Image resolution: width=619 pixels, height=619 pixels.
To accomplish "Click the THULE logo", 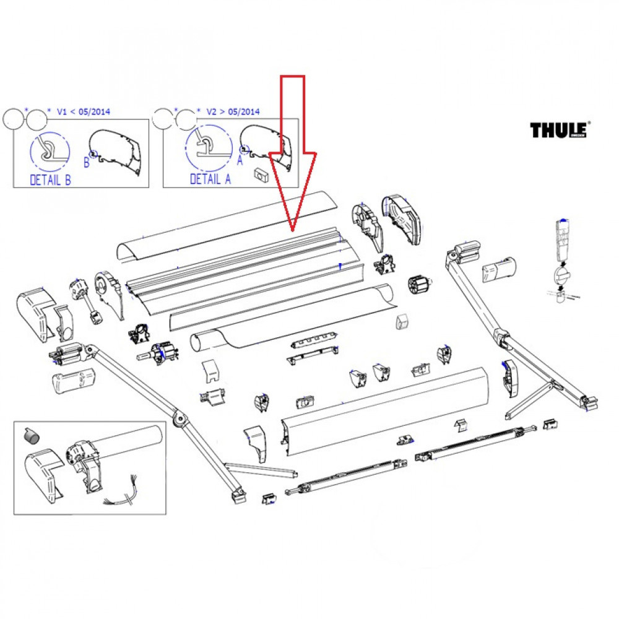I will (x=560, y=129).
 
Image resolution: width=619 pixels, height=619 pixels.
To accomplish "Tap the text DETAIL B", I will (x=50, y=180).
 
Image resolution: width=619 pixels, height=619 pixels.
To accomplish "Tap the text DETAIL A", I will (x=210, y=180).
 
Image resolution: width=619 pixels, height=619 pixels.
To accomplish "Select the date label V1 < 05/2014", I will (x=83, y=111).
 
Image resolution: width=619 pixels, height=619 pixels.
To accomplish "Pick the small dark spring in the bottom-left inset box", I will (x=30, y=436).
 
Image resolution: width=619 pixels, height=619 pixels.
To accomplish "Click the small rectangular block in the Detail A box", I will (x=260, y=175).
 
